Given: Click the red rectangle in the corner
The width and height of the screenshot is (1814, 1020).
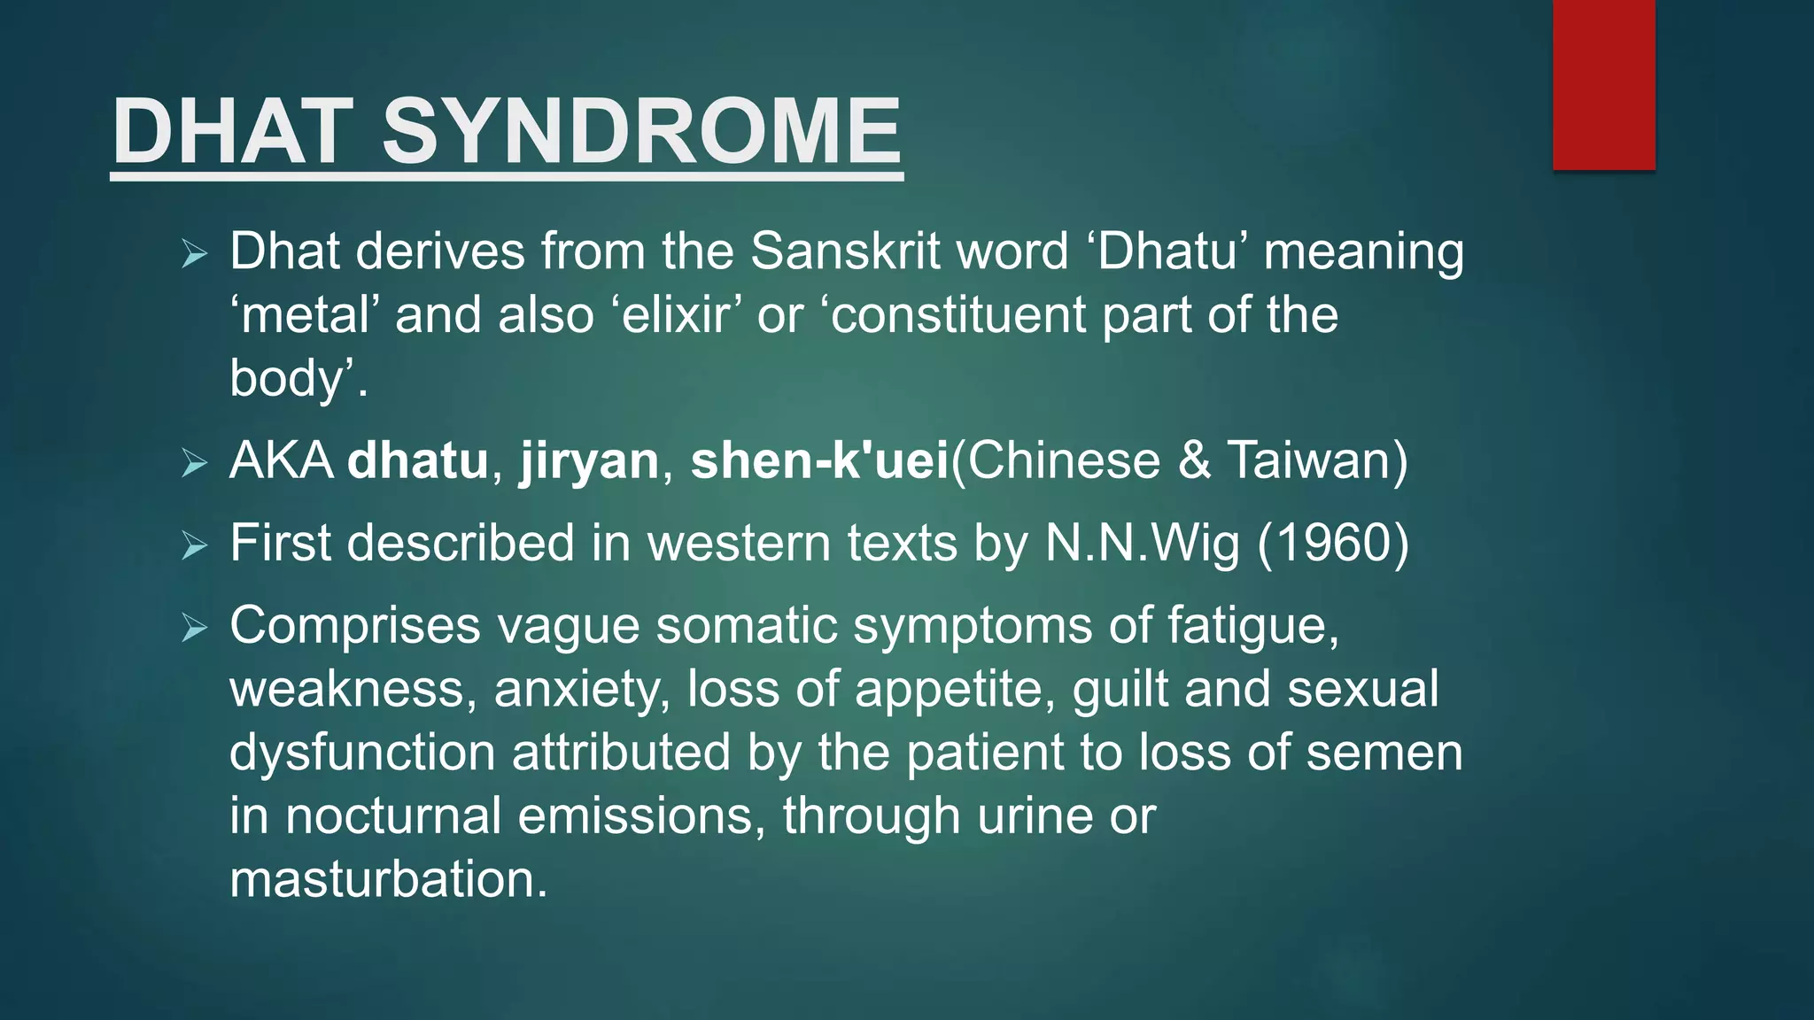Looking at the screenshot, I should (x=1603, y=84).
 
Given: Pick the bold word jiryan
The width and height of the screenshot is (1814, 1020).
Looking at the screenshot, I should (x=589, y=461).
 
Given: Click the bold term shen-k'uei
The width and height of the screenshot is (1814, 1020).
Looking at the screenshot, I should (x=819, y=461).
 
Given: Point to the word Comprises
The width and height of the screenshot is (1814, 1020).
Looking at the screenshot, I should (x=354, y=626).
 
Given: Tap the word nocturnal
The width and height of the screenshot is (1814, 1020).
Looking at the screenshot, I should (x=393, y=815).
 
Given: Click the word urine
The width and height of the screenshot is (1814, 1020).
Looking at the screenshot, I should (x=1034, y=815).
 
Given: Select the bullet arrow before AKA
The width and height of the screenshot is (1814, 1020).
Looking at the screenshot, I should (x=194, y=463).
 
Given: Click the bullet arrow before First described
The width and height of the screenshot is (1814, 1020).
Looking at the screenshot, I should (x=194, y=545).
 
